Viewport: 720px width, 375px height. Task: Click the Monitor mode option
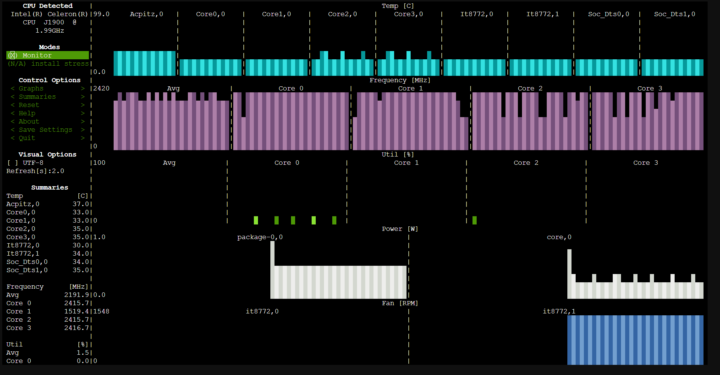[37, 55]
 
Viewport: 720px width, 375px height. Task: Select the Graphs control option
[31, 88]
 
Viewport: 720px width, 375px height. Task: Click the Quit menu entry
[27, 138]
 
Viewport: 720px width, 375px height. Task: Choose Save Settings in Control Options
[45, 130]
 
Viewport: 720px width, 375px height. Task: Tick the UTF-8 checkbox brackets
[12, 163]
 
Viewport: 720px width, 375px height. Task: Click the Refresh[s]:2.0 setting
[35, 171]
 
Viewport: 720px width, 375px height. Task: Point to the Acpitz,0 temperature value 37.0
[80, 204]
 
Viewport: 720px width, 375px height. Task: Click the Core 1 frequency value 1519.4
[76, 311]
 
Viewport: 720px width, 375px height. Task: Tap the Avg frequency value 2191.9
[76, 295]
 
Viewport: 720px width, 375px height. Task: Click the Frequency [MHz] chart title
[400, 80]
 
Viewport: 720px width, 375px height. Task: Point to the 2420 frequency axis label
[101, 88]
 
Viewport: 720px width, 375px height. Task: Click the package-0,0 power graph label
[260, 237]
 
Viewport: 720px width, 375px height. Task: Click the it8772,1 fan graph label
[559, 311]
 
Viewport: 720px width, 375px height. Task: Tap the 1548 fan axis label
[101, 311]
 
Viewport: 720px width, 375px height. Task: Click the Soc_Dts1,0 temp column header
[674, 14]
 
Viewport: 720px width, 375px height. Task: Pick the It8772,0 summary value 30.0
[80, 245]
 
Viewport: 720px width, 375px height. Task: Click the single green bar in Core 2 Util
[474, 220]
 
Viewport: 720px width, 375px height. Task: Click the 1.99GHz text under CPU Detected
[49, 30]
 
